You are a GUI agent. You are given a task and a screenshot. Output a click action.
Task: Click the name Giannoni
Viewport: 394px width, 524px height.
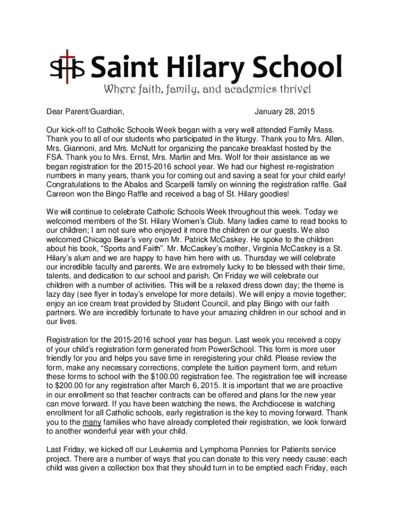pos(82,148)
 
